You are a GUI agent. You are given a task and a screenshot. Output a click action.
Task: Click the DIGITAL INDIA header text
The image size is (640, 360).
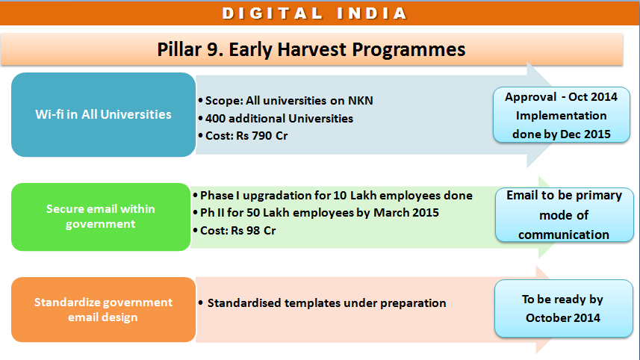tap(314, 13)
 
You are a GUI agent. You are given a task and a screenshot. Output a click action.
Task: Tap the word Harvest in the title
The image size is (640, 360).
tap(312, 49)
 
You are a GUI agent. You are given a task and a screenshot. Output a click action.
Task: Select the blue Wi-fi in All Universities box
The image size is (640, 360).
tap(103, 115)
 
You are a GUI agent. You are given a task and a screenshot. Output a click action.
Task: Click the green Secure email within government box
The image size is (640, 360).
tap(101, 217)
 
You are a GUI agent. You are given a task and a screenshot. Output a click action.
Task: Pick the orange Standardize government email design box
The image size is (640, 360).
tap(103, 309)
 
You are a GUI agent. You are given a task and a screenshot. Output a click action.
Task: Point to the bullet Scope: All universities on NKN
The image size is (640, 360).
tap(285, 100)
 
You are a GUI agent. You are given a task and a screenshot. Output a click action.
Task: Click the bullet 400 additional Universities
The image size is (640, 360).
tap(276, 118)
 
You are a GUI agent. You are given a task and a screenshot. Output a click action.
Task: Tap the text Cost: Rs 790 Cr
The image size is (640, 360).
tap(243, 135)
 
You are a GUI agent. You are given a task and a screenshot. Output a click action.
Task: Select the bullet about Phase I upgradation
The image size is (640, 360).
tap(332, 196)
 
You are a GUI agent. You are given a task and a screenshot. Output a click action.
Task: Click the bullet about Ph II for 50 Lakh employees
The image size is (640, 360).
tap(316, 213)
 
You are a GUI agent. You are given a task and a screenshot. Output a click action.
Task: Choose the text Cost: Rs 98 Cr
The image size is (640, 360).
tap(234, 231)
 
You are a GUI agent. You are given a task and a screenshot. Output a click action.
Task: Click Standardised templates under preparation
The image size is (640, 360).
tap(322, 302)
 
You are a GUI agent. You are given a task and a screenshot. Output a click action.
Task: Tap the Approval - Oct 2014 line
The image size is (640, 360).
tap(562, 97)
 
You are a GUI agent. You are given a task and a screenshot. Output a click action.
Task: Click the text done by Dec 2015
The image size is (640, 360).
tap(562, 134)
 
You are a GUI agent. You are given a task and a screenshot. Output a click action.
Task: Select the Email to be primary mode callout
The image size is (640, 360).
tap(564, 214)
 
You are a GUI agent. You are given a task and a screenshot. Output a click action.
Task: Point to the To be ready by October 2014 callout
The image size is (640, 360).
tap(563, 308)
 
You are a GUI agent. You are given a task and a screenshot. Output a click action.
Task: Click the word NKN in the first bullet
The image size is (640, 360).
tap(361, 100)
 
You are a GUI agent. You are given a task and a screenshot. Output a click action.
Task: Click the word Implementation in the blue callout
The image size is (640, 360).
tap(562, 116)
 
